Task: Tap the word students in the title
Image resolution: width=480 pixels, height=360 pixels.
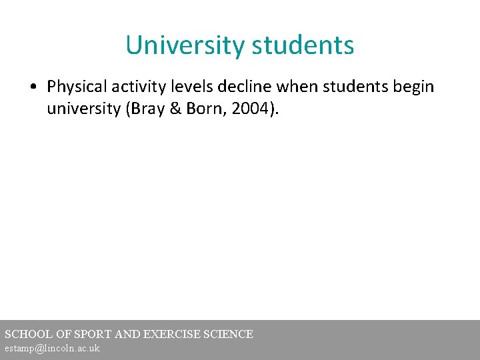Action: pyautogui.click(x=303, y=45)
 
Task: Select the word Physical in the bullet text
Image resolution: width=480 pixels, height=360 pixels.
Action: pyautogui.click(x=75, y=87)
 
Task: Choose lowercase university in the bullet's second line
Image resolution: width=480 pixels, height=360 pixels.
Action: pyautogui.click(x=83, y=108)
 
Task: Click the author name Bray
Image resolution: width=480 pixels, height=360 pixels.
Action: pyautogui.click(x=144, y=108)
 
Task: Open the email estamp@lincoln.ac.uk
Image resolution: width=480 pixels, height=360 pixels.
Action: pyautogui.click(x=52, y=349)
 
